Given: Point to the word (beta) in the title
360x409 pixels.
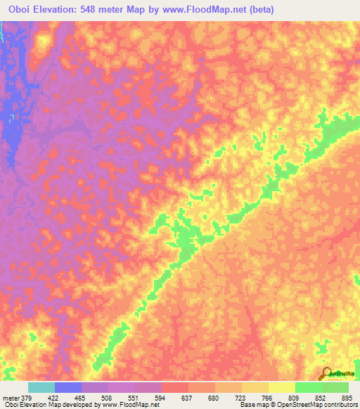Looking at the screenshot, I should [x=259, y=10].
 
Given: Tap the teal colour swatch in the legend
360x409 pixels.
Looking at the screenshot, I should [x=41, y=387].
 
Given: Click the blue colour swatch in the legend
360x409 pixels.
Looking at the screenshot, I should [x=68, y=387].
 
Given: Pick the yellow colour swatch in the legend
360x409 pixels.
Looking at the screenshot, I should [x=281, y=387].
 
